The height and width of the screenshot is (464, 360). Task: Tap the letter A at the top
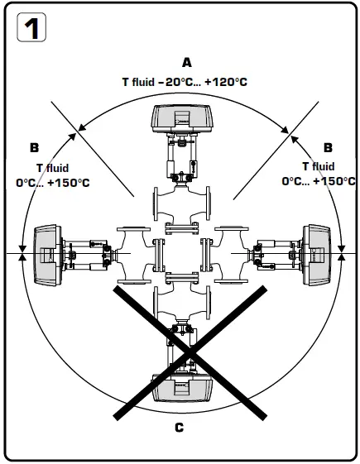(186, 63)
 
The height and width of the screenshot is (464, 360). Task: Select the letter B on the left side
(34, 148)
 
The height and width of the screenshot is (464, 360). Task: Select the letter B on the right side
(328, 148)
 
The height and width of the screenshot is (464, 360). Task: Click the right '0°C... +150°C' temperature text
(319, 181)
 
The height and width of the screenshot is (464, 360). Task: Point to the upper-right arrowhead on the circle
(287, 128)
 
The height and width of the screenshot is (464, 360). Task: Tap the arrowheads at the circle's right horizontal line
(342, 254)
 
